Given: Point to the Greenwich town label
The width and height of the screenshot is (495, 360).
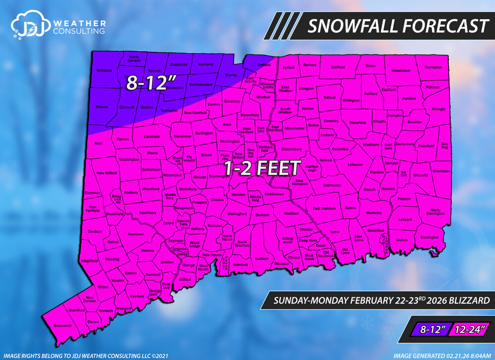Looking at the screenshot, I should coord(63,326).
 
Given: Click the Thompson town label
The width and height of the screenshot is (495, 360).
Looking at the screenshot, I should coord(432,67).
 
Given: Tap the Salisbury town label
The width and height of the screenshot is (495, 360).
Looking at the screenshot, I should coord(104,70).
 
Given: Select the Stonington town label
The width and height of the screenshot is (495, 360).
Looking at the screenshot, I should coord(429,237).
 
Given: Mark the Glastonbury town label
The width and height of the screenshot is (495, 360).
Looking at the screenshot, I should coord(291,149).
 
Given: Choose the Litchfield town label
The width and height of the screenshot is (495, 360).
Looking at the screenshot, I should coord(151,136).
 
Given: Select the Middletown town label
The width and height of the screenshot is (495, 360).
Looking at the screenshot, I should coord(274,194).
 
